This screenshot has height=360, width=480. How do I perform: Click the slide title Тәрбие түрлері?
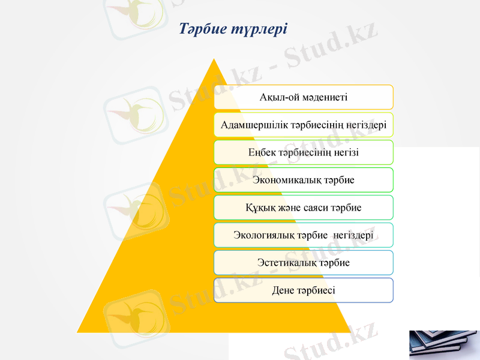[233, 28]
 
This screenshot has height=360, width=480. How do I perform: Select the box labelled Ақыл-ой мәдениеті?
[304, 97]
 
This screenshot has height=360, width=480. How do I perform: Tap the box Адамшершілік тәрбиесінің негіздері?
[304, 125]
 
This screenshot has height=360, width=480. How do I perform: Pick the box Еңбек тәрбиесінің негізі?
[304, 152]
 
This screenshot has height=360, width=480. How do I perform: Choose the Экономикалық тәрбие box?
[304, 180]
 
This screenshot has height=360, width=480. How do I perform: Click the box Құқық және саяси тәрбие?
[304, 208]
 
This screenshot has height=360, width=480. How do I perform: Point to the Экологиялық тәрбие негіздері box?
[304, 235]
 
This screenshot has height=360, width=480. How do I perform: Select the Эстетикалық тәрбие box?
[304, 263]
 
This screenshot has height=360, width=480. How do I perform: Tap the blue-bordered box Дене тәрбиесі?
[304, 290]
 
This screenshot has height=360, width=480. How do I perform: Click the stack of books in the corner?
[444, 344]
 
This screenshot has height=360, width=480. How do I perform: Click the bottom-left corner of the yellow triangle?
[78, 331]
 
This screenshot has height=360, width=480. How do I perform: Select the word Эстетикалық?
[284, 263]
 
